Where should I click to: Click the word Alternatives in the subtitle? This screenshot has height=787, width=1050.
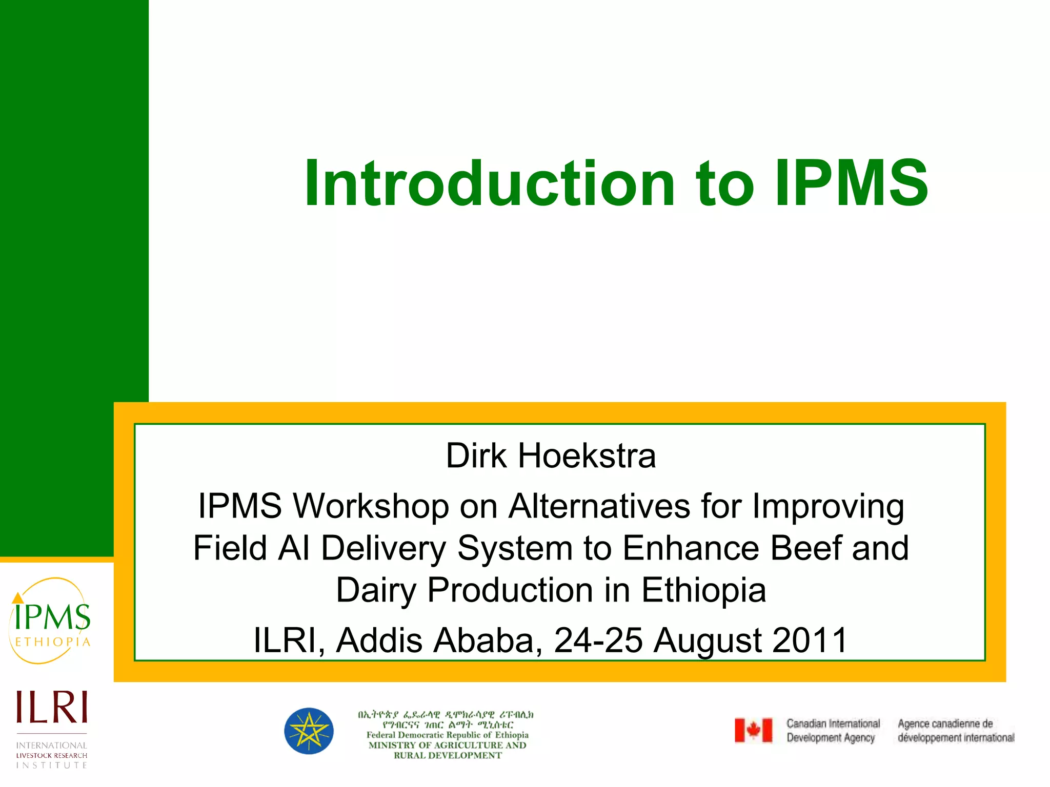pos(599,506)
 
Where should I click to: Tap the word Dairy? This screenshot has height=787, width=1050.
pos(376,590)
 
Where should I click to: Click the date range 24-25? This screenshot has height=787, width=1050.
pos(598,640)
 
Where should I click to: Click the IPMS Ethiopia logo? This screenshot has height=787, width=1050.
pos(50,621)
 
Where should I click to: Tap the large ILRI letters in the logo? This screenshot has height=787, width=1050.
pos(52,708)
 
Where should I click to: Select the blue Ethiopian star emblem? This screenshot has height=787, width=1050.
pos(309,731)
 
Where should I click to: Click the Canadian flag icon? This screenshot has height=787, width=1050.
pos(753,730)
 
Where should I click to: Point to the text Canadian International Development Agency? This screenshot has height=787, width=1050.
pos(833,731)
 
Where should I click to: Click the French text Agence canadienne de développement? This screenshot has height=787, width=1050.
pos(955,731)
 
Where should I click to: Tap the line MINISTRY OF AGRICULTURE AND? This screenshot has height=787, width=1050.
pos(447,745)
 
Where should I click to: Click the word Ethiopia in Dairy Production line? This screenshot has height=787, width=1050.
pos(703,590)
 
